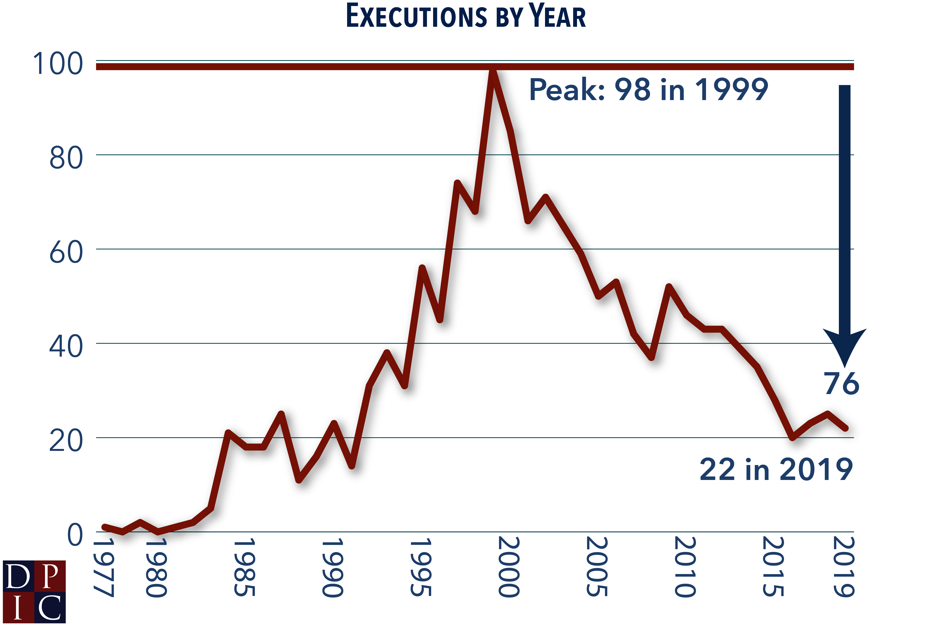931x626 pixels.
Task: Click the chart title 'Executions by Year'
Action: click(465, 16)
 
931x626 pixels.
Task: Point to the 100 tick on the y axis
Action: click(58, 64)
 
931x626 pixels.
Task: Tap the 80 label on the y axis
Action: click(66, 158)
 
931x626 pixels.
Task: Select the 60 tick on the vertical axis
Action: click(66, 252)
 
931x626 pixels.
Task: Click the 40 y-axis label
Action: click(66, 347)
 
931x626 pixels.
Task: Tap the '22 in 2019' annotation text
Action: click(776, 469)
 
